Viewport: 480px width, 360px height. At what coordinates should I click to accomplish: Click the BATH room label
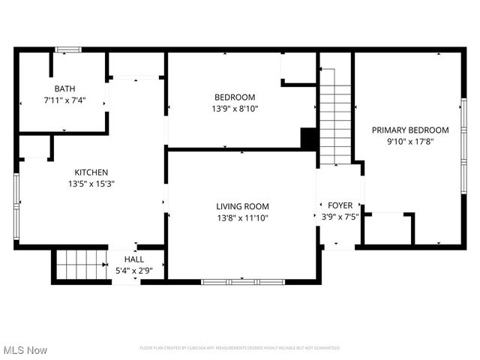click(64, 88)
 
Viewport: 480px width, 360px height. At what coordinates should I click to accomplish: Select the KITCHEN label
click(91, 172)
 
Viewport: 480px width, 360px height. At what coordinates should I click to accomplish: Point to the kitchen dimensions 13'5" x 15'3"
click(91, 183)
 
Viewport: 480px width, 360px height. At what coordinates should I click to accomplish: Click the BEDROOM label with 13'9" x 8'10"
click(235, 97)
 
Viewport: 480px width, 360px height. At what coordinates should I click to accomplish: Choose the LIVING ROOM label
click(242, 206)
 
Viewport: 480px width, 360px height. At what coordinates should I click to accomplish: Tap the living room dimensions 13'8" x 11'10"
click(242, 217)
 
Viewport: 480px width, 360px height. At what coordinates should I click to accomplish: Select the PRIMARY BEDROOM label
click(410, 130)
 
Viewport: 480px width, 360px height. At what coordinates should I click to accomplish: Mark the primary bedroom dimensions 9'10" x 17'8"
click(410, 141)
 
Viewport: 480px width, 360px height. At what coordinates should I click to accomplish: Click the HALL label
click(134, 259)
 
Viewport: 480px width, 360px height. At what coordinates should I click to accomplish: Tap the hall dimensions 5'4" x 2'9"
click(134, 270)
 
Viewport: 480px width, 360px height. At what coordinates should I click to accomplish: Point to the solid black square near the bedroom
click(308, 139)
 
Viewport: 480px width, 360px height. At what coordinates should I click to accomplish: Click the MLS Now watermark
click(25, 349)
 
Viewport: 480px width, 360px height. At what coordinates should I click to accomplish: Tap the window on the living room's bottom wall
click(242, 281)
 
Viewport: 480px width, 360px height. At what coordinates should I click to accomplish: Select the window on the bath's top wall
click(68, 50)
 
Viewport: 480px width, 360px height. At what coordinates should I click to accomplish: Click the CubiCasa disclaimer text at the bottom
click(240, 348)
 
